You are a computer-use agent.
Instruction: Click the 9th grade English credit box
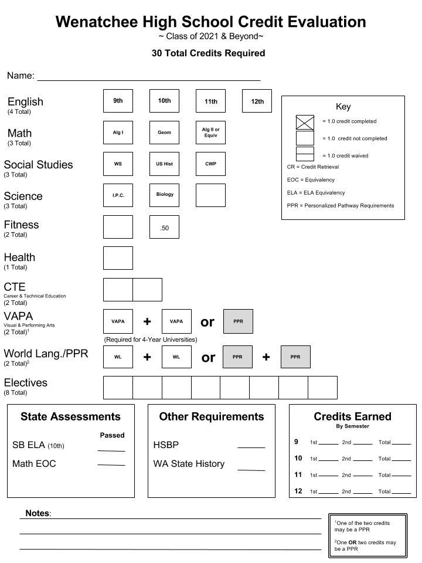[118, 101]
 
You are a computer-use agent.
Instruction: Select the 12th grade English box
[257, 101]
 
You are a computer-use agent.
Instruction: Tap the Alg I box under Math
[118, 133]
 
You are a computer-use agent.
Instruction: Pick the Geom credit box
[164, 133]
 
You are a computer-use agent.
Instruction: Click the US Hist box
[164, 164]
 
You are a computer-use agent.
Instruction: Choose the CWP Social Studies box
[210, 164]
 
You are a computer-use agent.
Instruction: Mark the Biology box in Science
[164, 195]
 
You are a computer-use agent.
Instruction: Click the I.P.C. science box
[118, 195]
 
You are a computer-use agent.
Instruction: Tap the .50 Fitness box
[164, 228]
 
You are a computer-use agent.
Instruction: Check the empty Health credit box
[118, 258]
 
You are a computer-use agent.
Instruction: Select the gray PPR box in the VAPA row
[238, 321]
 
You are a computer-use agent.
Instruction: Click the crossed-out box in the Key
[305, 122]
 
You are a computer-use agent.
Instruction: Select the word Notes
[37, 513]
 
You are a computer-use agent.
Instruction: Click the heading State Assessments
[70, 416]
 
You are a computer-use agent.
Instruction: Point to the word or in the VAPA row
[207, 321]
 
